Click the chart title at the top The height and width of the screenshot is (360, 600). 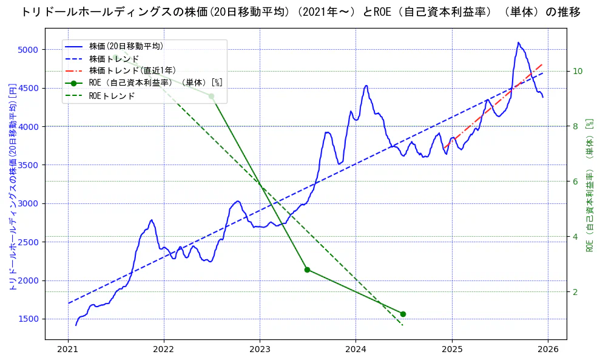point(300,12)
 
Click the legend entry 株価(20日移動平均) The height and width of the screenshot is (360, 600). point(126,46)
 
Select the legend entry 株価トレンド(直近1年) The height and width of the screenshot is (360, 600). point(132,70)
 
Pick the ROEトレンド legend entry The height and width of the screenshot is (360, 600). point(112,96)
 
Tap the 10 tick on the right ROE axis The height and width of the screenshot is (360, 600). point(578,71)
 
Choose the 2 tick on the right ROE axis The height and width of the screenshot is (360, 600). point(576,292)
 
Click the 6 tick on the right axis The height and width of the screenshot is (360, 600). point(576,182)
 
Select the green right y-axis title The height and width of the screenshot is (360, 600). point(589,185)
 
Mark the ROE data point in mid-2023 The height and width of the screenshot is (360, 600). point(307,270)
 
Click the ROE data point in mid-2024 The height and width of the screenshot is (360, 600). point(403,314)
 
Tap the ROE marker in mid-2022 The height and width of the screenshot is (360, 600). point(211,96)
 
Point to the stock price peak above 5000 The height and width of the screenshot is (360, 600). point(519,42)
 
